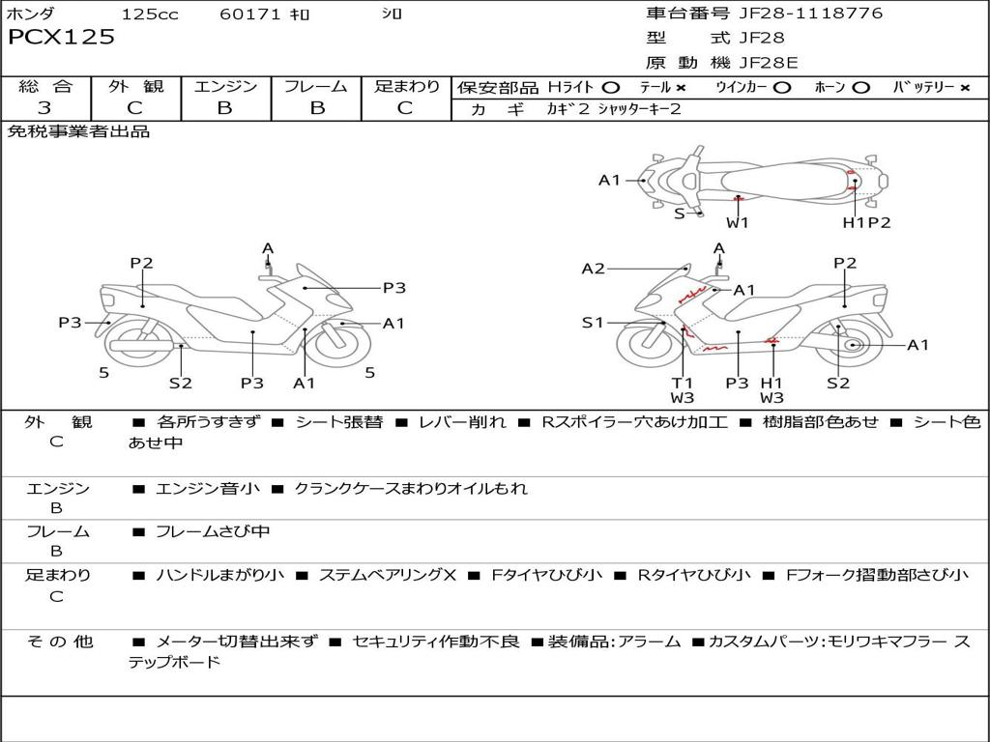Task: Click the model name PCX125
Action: coord(61,38)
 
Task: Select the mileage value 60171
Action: coord(250,14)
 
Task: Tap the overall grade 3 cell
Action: coord(45,108)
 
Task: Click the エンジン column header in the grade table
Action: coord(225,87)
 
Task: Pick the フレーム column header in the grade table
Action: coord(316,87)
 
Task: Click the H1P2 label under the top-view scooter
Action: coord(866,222)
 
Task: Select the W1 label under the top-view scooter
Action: coord(738,222)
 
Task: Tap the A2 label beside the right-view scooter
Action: coord(593,269)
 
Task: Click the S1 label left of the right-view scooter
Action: coord(593,323)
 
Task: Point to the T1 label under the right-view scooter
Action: coord(683,383)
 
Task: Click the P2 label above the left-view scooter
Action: coord(142,263)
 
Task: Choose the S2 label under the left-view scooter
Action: coord(181,383)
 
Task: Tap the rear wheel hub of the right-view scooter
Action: coord(853,345)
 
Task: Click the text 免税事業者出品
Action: coord(79,131)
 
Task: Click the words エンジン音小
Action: coord(207,489)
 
